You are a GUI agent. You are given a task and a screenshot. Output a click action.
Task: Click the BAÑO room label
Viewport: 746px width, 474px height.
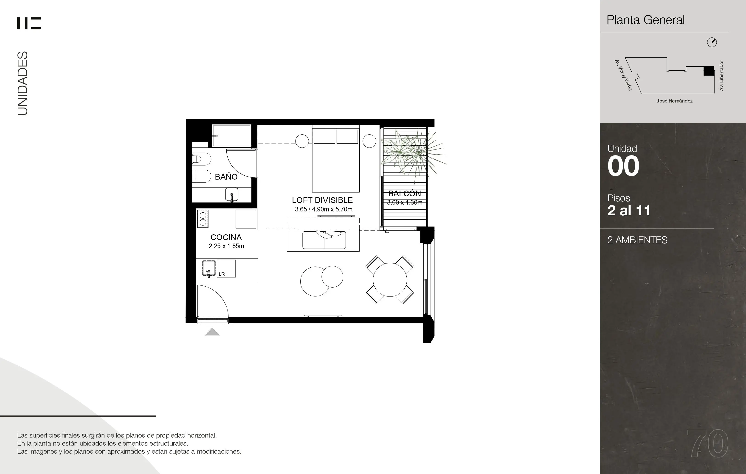226,177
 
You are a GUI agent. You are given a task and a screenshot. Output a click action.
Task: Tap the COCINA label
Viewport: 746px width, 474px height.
226,237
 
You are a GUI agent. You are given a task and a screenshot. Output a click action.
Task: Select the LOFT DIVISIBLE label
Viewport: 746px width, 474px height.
322,200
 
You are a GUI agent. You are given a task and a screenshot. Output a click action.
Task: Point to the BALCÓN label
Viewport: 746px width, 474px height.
405,193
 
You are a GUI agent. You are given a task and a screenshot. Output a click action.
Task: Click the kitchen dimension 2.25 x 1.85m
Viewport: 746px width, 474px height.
226,246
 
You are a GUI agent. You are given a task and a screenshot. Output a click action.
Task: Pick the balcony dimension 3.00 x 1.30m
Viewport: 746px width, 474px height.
405,202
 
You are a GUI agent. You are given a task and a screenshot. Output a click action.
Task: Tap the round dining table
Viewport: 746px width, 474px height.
390,280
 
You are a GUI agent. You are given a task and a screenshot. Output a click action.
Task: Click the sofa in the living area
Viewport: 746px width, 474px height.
324,240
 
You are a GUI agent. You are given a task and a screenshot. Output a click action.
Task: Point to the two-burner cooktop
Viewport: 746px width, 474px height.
203,219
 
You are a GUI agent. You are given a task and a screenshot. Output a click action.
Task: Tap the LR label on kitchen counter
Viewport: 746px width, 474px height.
222,274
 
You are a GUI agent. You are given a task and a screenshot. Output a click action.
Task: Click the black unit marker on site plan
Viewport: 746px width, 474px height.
709,71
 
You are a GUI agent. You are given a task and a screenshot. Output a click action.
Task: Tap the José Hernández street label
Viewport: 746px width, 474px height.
674,101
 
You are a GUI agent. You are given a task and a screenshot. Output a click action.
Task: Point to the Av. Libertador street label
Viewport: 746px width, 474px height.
721,75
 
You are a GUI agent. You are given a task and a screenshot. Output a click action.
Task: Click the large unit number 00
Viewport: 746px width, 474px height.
623,166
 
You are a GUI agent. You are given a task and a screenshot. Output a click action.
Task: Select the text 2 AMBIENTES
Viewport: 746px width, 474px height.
637,240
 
